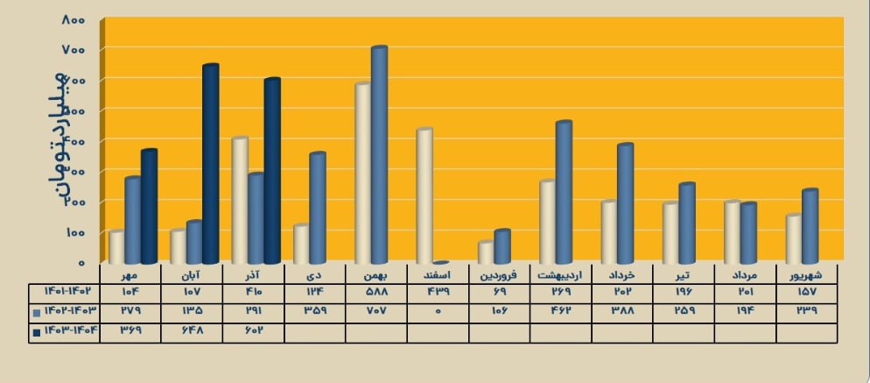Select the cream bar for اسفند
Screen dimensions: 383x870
424,196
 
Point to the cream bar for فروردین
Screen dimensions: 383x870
486,252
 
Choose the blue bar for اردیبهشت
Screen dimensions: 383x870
563,192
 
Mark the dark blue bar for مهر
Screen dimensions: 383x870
149,207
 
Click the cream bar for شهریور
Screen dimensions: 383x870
793,239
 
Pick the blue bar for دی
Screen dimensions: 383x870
317,208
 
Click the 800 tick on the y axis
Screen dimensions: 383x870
74,19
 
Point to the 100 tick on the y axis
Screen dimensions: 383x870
74,232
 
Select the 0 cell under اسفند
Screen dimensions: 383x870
438,311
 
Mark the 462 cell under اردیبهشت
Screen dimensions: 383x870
561,311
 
